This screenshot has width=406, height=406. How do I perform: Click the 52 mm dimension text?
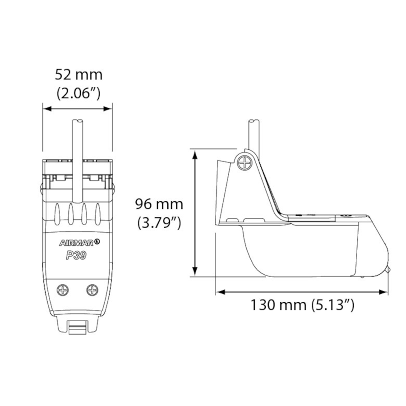pyautogui.click(x=78, y=74)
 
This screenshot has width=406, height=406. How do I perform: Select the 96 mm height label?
pyautogui.click(x=159, y=204)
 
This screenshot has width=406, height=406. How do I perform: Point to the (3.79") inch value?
pyautogui.click(x=159, y=223)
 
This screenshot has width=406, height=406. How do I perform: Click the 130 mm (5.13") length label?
pyautogui.click(x=302, y=305)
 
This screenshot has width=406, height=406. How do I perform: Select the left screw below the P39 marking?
pyautogui.click(x=63, y=290)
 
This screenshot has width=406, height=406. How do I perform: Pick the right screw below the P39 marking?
pyautogui.click(x=93, y=290)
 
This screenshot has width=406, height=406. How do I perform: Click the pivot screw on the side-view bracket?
pyautogui.click(x=245, y=162)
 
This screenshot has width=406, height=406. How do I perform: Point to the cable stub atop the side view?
pyautogui.click(x=254, y=133)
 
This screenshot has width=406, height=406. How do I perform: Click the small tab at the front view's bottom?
pyautogui.click(x=78, y=328)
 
